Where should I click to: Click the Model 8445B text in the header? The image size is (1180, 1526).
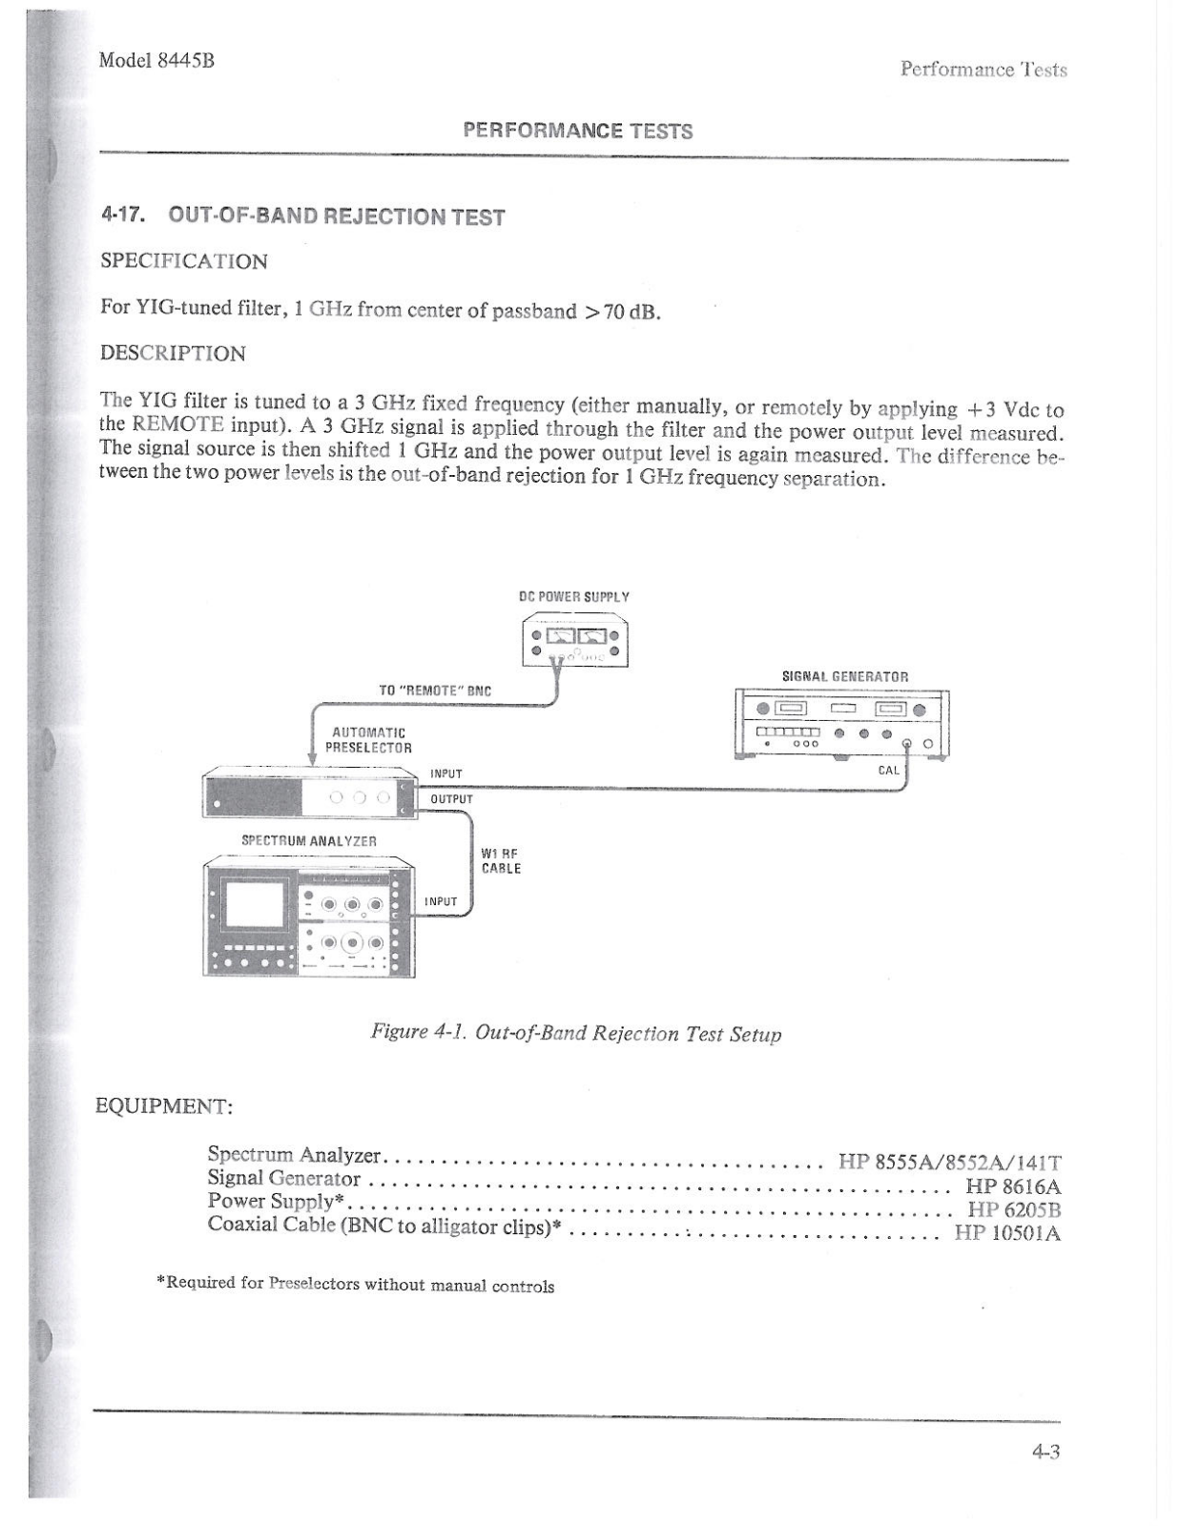tap(156, 60)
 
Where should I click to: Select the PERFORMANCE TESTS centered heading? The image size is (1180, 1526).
tap(577, 131)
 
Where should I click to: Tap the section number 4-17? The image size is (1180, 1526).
tap(123, 214)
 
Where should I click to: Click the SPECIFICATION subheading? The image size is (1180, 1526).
tap(184, 261)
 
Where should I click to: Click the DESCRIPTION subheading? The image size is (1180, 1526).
tap(173, 353)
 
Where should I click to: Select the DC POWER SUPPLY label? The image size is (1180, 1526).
tap(573, 597)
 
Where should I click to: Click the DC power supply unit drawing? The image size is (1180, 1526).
tap(574, 642)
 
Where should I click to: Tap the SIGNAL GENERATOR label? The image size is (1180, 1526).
tap(845, 676)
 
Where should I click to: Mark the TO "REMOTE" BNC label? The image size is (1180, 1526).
tap(435, 691)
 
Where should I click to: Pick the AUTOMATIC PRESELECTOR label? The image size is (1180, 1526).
tap(368, 740)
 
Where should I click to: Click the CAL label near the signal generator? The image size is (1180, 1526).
tap(888, 770)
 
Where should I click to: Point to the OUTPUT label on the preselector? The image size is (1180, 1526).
tap(451, 799)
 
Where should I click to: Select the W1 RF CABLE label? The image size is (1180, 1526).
tap(501, 861)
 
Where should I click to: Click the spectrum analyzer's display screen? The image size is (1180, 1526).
tap(254, 905)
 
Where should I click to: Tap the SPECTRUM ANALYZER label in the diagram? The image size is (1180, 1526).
tap(309, 841)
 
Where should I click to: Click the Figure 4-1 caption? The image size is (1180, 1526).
tap(576, 1033)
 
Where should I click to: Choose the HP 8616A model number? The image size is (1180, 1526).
tap(1013, 1186)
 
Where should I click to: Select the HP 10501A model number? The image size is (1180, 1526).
tap(1007, 1232)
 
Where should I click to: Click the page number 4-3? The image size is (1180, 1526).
tap(1045, 1452)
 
